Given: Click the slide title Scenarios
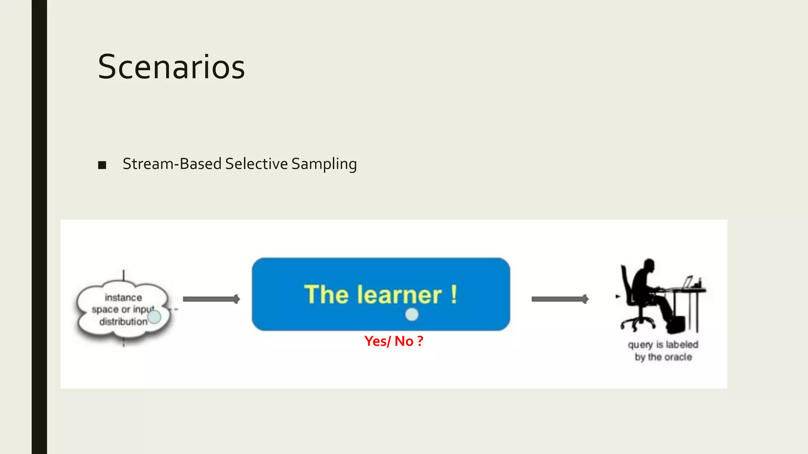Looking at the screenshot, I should [x=171, y=67].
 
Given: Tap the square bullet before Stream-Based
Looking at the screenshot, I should [x=102, y=165].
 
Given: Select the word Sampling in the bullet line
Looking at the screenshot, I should [x=324, y=164].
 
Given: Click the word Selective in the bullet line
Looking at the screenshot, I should [x=256, y=164].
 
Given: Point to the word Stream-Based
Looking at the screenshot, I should [x=172, y=164].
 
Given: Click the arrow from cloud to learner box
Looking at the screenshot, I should [x=211, y=299].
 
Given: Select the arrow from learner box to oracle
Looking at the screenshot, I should [x=560, y=299].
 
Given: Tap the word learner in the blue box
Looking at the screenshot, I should [x=399, y=295].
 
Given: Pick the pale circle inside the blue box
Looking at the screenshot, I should [x=411, y=314].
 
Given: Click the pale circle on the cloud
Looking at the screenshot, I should [x=154, y=316].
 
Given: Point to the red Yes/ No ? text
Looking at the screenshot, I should [x=393, y=341].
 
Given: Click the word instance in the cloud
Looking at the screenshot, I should [x=123, y=298].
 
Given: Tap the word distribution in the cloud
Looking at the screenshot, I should [x=123, y=322].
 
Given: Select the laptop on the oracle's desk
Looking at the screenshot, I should [x=687, y=283].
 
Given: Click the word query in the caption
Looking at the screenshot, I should [x=640, y=345].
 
